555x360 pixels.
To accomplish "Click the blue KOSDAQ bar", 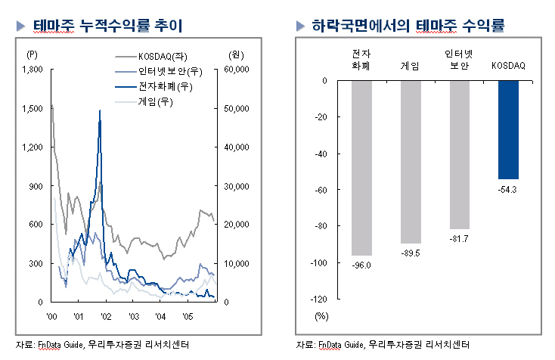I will click(508, 129).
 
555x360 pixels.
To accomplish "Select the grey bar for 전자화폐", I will click(361, 167).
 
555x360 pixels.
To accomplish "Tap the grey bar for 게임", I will click(411, 162).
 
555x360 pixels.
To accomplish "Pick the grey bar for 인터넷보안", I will click(460, 154).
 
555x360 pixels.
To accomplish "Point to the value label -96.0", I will click(361, 264).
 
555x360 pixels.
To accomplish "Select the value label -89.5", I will click(411, 252).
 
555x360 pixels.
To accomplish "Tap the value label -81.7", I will click(460, 237).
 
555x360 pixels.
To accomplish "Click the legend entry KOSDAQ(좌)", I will click(166, 57).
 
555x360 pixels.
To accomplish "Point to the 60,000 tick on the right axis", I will click(237, 70).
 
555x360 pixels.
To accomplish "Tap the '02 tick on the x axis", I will click(106, 315).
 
